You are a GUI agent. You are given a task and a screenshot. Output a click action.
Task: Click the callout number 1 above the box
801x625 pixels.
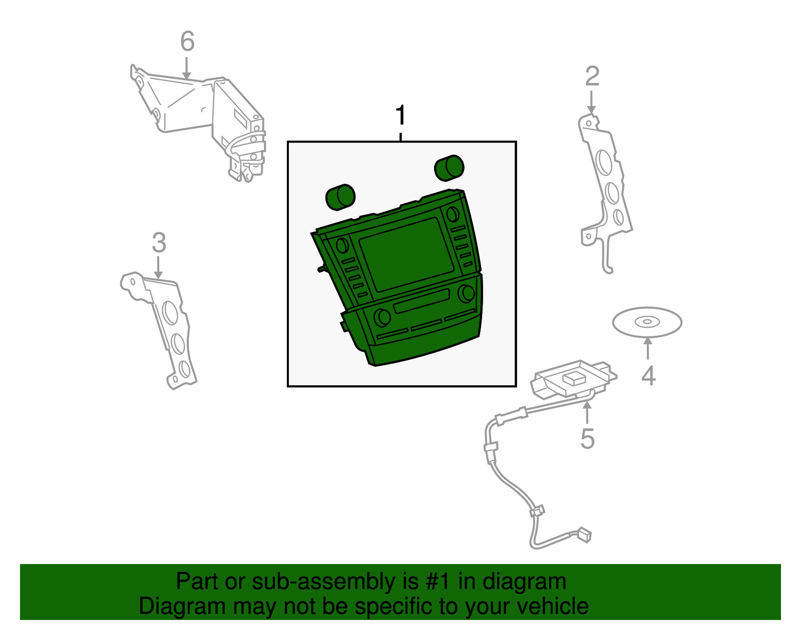pos(401,116)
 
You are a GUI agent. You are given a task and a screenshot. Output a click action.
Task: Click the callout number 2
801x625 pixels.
pos(592,77)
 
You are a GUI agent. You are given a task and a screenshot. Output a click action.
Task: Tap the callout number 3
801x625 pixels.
pos(159,243)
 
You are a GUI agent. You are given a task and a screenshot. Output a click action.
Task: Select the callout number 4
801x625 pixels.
pos(648,376)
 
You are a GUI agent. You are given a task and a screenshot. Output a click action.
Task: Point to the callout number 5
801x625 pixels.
pos(587,439)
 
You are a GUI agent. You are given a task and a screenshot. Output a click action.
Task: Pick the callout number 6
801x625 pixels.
pos(187,42)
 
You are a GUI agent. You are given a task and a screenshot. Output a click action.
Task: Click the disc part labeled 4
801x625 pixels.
pos(647,322)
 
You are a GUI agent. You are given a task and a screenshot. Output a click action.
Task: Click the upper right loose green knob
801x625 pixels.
pos(449,168)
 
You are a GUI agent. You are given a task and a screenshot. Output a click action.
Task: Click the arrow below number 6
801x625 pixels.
pos(187,68)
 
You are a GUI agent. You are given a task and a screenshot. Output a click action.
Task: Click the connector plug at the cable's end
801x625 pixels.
pos(584,534)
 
